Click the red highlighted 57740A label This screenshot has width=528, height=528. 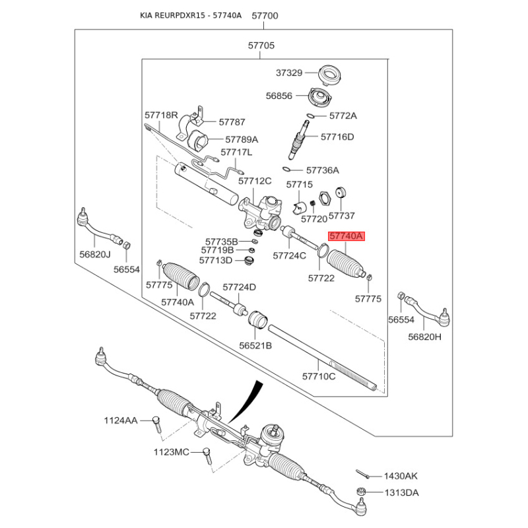click(x=346, y=236)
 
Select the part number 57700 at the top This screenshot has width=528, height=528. click(x=265, y=15)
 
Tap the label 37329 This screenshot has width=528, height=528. click(x=289, y=73)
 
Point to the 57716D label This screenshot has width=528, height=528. click(x=337, y=137)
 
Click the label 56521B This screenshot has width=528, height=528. click(x=255, y=345)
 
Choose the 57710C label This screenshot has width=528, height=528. click(x=319, y=376)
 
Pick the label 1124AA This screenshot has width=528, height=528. click(x=120, y=420)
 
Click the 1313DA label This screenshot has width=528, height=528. click(x=403, y=492)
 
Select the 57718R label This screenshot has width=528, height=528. click(x=162, y=115)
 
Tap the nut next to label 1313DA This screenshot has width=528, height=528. click(x=361, y=492)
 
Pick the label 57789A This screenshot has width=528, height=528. click(x=242, y=140)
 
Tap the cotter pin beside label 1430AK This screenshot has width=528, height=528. click(x=362, y=473)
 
